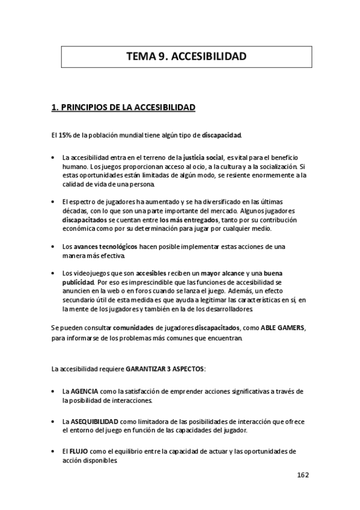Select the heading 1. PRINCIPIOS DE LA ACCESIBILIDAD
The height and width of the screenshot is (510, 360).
pyautogui.click(x=123, y=108)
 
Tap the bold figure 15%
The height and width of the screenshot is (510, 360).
pyautogui.click(x=66, y=134)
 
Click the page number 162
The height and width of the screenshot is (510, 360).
pyautogui.click(x=302, y=475)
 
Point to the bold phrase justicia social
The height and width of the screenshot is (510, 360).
pyautogui.click(x=203, y=156)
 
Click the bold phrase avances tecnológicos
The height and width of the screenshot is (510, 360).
pyautogui.click(x=105, y=247)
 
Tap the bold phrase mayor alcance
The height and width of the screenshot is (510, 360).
pyautogui.click(x=222, y=273)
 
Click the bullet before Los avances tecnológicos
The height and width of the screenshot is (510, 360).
pyautogui.click(x=55, y=247)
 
